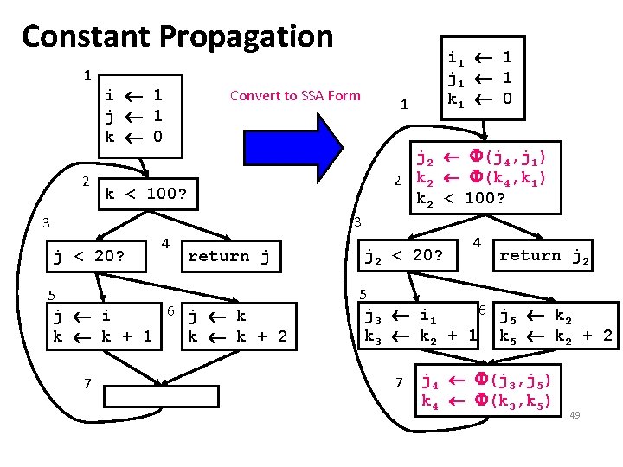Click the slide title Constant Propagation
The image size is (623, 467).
point(177,36)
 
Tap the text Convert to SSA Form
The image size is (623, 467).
point(295,95)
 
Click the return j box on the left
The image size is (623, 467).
point(229,256)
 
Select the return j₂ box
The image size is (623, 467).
point(545,255)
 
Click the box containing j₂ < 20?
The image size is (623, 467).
point(403,256)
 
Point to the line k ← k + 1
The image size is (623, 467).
point(103,336)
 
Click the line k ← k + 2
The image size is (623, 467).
point(237,336)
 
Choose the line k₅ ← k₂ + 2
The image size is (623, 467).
point(556,336)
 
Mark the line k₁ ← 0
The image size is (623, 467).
point(480,98)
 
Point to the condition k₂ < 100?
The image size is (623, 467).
point(460,199)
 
